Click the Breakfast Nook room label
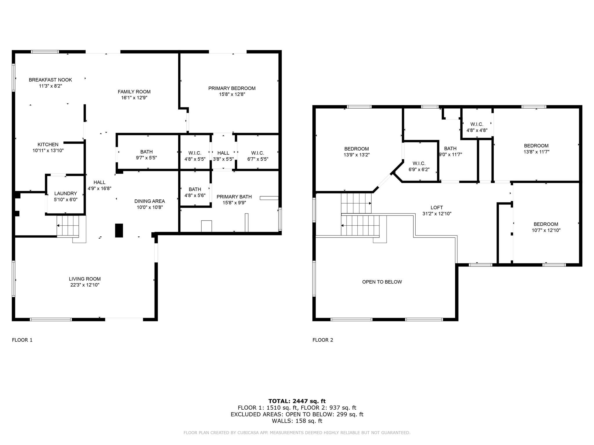coord(50,80)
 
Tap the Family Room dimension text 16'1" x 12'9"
coord(134,98)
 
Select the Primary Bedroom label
coord(232,88)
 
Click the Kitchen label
coord(48,145)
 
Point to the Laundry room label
coord(66,194)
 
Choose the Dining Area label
coord(149,201)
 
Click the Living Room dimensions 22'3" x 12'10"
coord(85,285)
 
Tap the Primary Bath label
coord(234,197)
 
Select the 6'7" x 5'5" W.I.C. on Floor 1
coord(258,156)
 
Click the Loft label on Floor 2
coord(437,208)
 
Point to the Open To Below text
coord(382,282)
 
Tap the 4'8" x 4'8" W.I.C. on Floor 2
coord(477,127)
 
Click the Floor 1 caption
coord(22,340)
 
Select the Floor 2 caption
coord(323,340)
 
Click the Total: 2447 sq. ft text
coord(297,401)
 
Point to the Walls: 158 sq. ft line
coord(297,421)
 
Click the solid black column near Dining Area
coord(119,231)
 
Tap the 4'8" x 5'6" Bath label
coord(195,192)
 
